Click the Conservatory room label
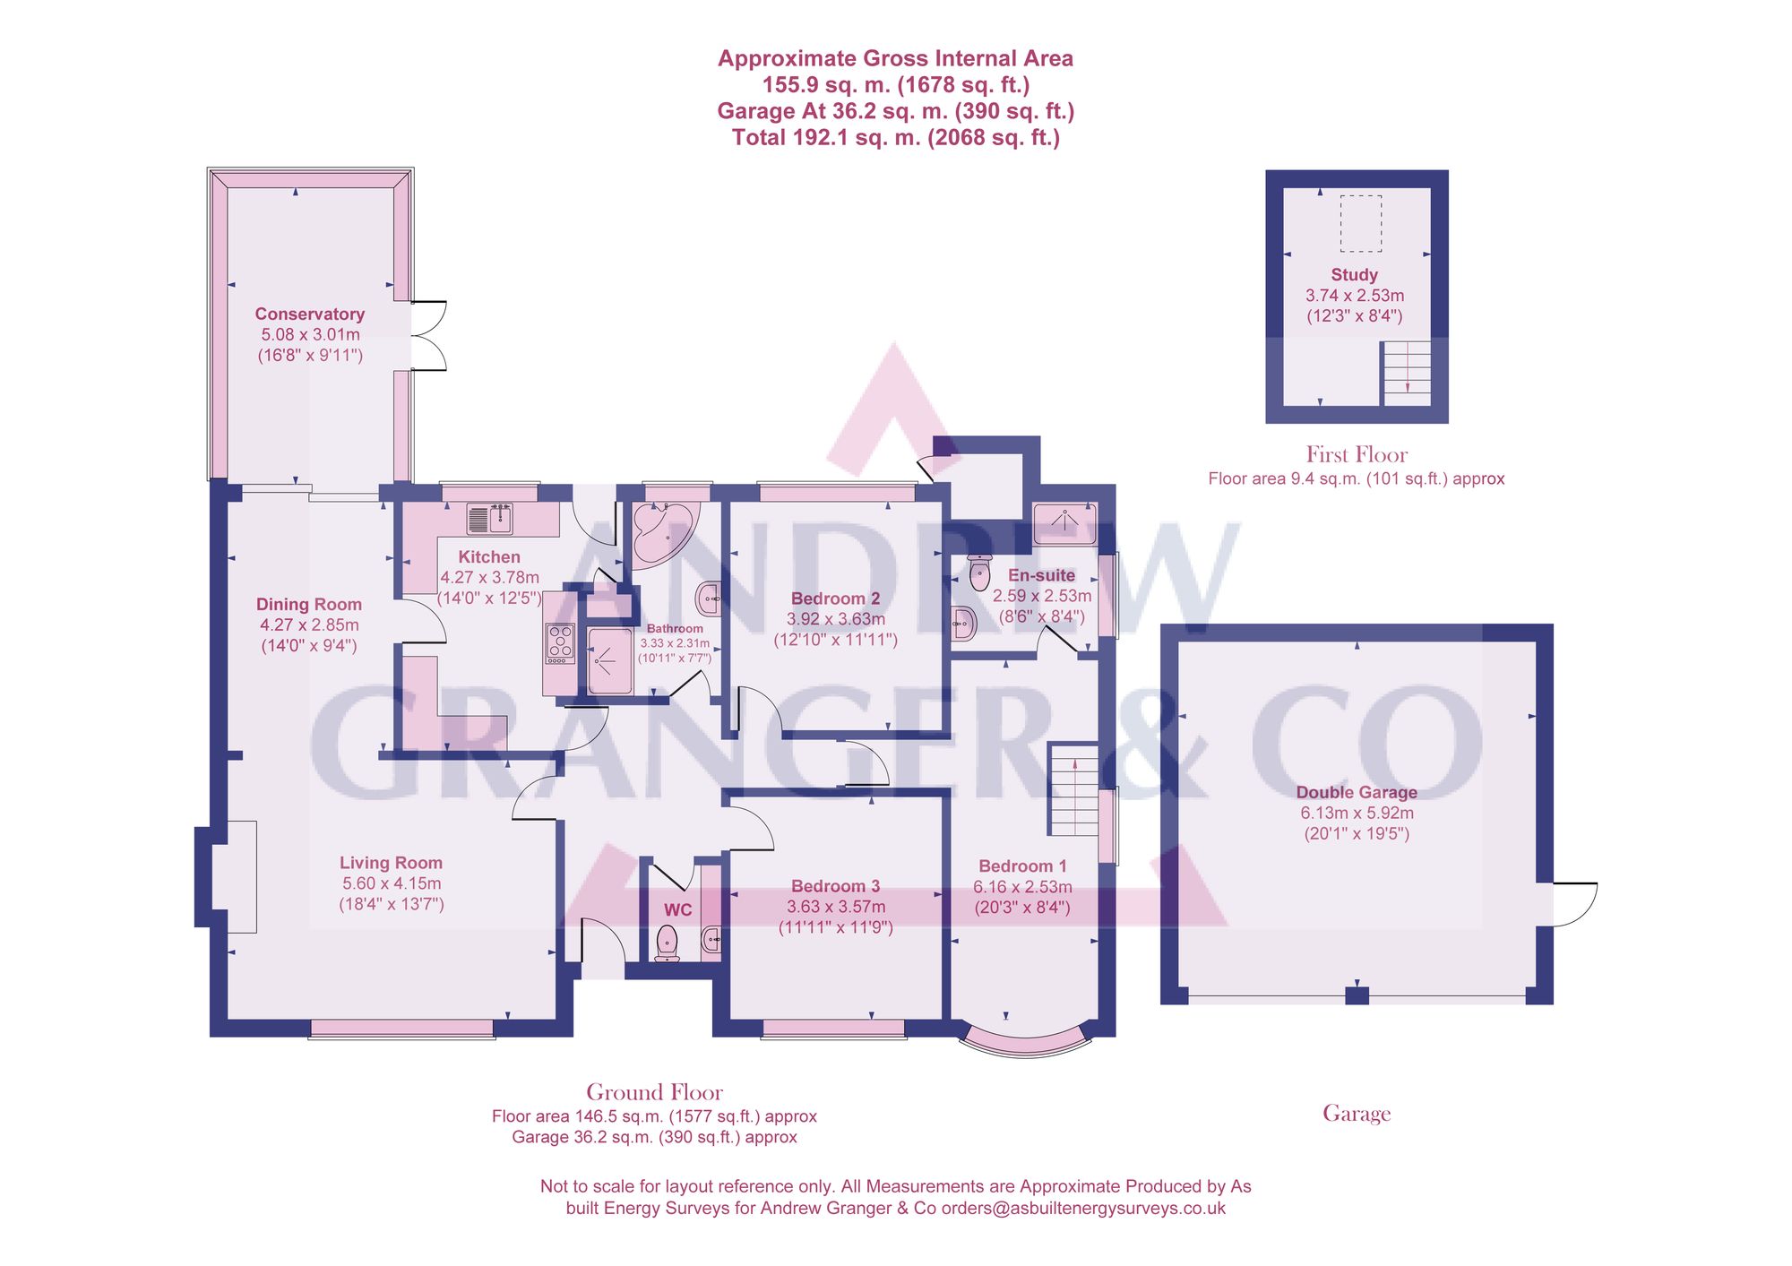click(309, 314)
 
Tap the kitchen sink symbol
click(489, 519)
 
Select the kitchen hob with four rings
click(560, 643)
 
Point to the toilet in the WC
click(668, 943)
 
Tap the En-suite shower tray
click(1064, 523)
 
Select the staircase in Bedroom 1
click(1073, 789)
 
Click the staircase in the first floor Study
click(1406, 373)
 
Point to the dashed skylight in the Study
click(1360, 223)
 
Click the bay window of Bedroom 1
click(1026, 1041)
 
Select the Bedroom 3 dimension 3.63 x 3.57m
click(835, 907)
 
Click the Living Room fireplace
click(234, 876)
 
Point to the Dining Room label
click(309, 605)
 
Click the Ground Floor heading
click(654, 1092)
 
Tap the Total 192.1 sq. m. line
click(895, 137)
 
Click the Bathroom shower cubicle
click(610, 661)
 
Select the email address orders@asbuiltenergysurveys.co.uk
click(1082, 1208)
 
